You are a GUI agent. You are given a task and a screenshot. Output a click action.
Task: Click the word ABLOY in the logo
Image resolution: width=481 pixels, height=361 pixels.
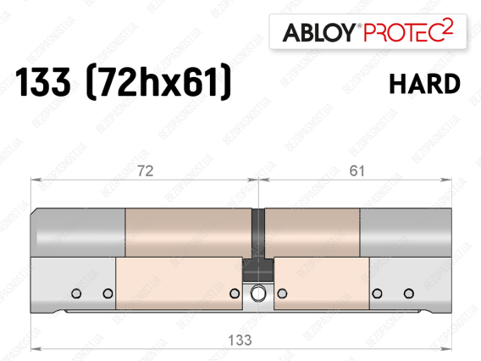[318, 32]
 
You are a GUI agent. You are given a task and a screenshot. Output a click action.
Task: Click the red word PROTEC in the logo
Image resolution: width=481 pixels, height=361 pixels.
[403, 32]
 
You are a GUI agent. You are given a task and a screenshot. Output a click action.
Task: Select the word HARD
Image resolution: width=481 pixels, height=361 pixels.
[424, 84]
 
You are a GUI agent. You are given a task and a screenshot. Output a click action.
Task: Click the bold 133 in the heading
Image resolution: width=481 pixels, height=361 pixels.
[43, 82]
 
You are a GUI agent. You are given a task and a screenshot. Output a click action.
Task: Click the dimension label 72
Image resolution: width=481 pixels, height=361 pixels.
[145, 171]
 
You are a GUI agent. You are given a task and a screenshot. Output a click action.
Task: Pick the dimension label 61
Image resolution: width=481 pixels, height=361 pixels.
[357, 171]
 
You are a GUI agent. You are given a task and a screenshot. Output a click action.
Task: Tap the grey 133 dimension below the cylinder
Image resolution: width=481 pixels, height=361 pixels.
[240, 340]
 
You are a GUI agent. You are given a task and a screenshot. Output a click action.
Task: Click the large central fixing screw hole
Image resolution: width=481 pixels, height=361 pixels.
[258, 293]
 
